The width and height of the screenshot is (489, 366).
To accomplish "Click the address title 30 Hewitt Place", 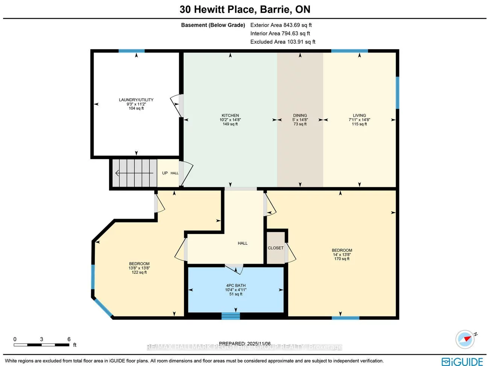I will click(245, 9).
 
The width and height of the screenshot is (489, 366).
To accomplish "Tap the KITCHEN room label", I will click(230, 115).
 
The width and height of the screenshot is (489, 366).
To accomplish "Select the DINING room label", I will click(300, 115).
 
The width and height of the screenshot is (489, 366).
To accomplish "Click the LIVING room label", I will click(359, 115).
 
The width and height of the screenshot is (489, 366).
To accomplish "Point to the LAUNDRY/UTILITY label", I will click(136, 100).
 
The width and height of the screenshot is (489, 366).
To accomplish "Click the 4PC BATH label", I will click(236, 286).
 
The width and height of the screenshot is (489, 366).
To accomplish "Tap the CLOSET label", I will click(276, 248).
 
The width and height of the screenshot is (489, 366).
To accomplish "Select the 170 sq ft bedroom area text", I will click(342, 259).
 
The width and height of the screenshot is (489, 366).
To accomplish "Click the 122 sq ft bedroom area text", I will click(139, 272).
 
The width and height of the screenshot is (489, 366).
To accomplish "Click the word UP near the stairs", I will click(165, 173).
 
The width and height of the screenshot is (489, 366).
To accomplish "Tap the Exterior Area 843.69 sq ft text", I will click(281, 25).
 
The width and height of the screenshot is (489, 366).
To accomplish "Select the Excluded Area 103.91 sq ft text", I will click(283, 42).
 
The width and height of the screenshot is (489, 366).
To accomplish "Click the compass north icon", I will click(465, 339).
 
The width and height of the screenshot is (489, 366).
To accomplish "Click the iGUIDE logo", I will click(462, 361).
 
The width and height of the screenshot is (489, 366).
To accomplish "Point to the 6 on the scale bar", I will click(69, 339).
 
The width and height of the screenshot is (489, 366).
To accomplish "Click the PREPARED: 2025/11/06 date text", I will click(244, 343).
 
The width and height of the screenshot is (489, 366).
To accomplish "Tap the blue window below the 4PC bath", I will click(231, 316).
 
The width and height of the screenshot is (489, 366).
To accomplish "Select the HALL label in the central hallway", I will click(243, 243).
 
